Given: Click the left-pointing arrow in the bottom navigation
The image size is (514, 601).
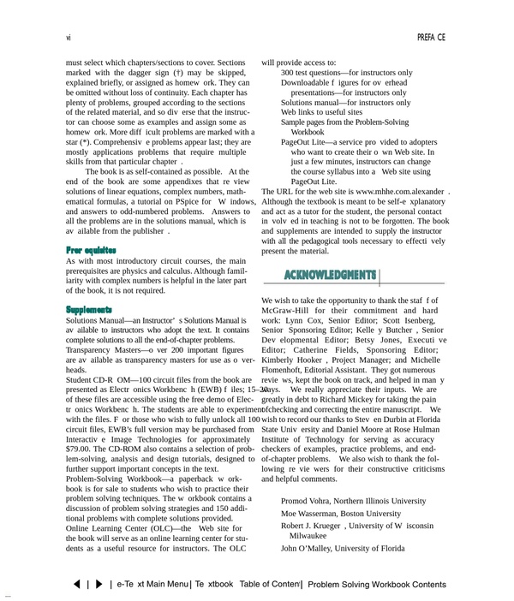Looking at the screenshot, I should [x=78, y=584].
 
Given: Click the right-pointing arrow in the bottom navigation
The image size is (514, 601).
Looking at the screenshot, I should [x=99, y=584].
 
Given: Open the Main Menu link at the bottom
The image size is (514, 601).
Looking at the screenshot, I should [x=153, y=584].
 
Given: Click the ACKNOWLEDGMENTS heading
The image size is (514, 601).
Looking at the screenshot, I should [x=330, y=275].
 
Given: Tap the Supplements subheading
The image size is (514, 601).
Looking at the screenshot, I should [x=89, y=308].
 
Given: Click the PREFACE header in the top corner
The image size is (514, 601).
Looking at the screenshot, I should [x=431, y=38].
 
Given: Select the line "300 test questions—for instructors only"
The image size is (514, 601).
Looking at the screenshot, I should [x=346, y=74].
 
